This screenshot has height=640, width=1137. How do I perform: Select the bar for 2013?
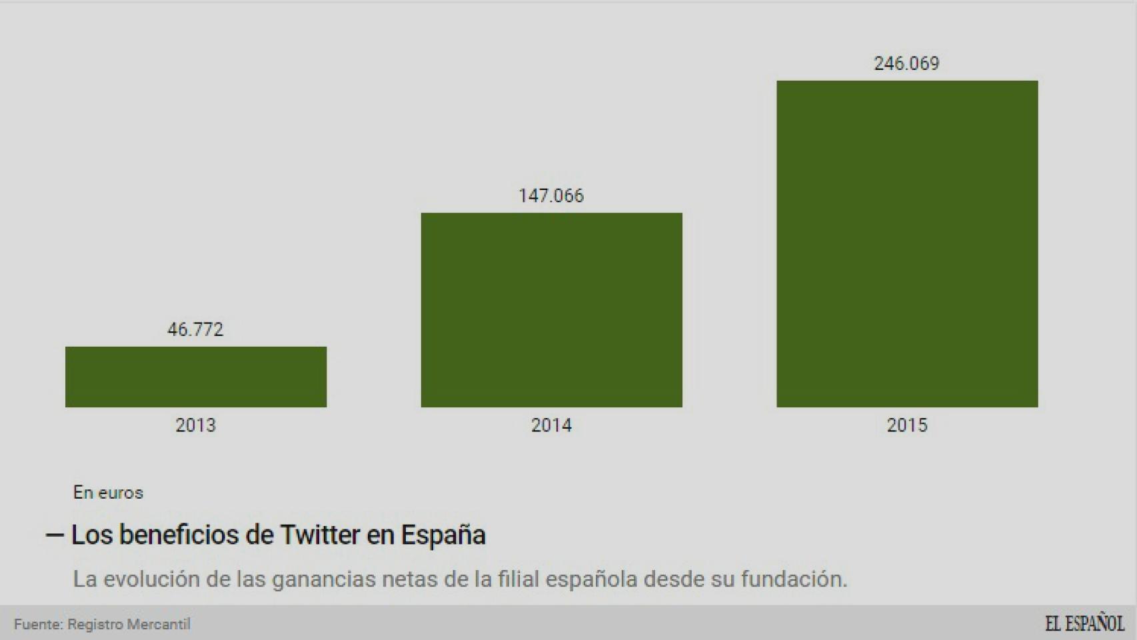[x=196, y=377]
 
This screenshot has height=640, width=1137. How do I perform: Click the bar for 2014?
[x=551, y=310]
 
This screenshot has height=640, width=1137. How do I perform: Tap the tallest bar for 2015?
[x=906, y=244]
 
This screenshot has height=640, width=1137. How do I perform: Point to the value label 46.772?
[x=195, y=329]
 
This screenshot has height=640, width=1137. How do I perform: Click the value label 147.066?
[x=551, y=195]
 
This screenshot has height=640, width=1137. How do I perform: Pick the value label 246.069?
[x=906, y=63]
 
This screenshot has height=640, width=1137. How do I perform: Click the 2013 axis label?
[x=195, y=425]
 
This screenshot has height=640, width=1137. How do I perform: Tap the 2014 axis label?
[x=551, y=425]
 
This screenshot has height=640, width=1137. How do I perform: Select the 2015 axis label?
[x=906, y=425]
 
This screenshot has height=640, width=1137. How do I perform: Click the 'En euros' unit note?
[x=108, y=493]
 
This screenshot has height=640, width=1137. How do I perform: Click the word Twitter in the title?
[x=319, y=535]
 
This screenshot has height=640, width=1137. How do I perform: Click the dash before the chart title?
[x=55, y=535]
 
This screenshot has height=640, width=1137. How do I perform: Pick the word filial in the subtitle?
[x=519, y=579]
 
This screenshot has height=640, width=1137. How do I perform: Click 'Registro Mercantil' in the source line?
[x=129, y=625]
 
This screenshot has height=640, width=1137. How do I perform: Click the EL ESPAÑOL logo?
[x=1084, y=624]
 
